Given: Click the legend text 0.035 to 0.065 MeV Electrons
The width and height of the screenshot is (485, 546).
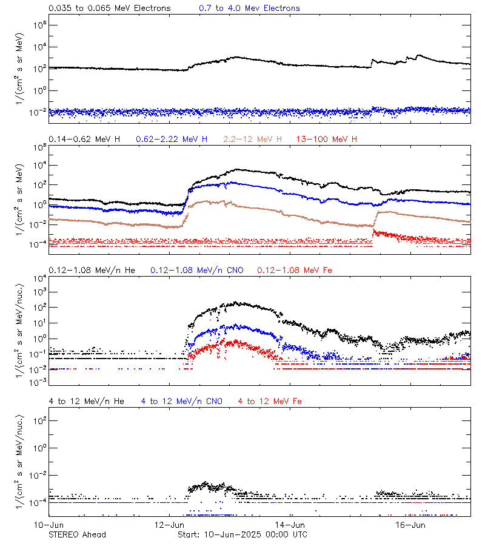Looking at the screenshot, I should click(x=110, y=8).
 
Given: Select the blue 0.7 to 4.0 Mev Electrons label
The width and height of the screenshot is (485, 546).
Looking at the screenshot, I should click(x=249, y=8).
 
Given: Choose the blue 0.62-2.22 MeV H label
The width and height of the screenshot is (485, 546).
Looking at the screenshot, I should click(x=172, y=140).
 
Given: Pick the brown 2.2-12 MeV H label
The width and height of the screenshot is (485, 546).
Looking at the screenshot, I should click(x=253, y=140).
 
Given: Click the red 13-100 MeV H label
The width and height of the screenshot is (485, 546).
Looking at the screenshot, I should click(x=327, y=140).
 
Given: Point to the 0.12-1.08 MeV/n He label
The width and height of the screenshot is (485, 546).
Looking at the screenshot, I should click(x=95, y=270).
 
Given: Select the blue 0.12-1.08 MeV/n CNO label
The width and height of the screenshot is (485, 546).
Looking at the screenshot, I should click(x=197, y=270).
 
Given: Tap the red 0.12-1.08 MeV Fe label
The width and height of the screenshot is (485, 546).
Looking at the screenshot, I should click(x=295, y=270).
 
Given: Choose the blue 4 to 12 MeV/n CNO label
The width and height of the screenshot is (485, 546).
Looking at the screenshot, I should click(x=182, y=401).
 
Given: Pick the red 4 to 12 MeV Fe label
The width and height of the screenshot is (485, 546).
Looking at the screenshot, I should click(x=270, y=401).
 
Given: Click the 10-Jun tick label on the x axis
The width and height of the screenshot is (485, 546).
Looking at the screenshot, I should click(x=48, y=525).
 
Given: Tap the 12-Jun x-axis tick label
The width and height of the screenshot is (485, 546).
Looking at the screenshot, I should click(x=169, y=525).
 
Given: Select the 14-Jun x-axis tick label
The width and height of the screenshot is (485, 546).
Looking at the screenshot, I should click(x=290, y=525).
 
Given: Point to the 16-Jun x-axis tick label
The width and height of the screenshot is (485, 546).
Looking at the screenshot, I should click(x=410, y=525).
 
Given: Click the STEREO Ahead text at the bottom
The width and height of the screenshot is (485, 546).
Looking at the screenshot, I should click(x=77, y=534).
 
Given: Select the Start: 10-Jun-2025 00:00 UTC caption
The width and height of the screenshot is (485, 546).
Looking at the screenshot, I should click(x=242, y=534).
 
